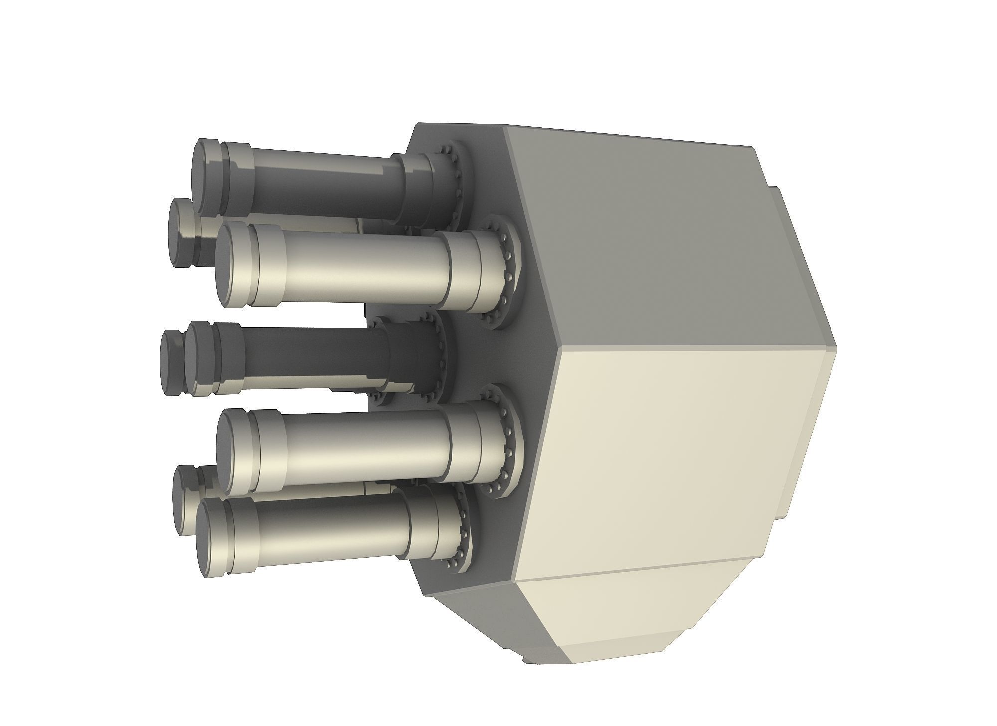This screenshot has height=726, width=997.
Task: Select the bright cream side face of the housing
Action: (x=688, y=458)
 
